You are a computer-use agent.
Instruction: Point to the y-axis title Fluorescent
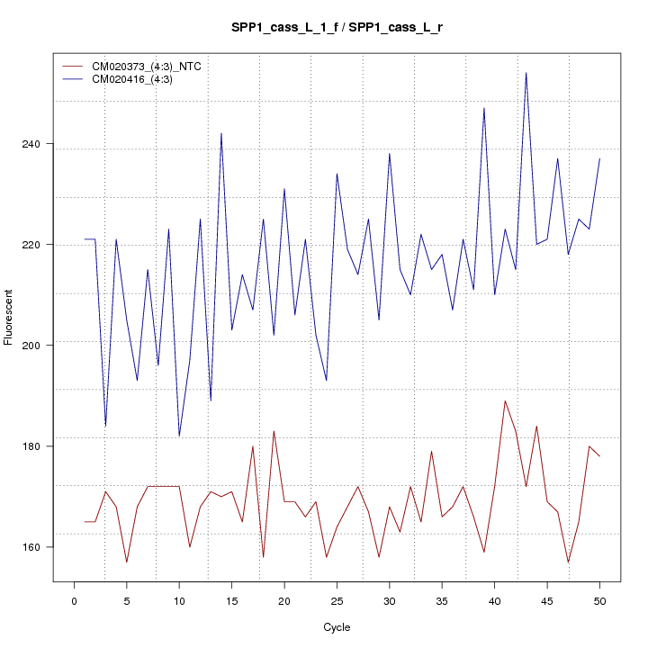click(x=9, y=317)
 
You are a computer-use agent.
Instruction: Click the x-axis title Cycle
click(x=336, y=627)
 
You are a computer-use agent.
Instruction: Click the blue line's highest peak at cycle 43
click(x=526, y=73)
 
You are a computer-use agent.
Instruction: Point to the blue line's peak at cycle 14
click(x=221, y=133)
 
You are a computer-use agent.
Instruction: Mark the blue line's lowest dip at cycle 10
click(x=179, y=436)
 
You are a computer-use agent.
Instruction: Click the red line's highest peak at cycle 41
click(x=505, y=400)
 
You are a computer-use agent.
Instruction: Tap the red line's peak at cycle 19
click(x=274, y=431)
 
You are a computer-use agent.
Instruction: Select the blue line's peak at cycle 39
click(x=484, y=108)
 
